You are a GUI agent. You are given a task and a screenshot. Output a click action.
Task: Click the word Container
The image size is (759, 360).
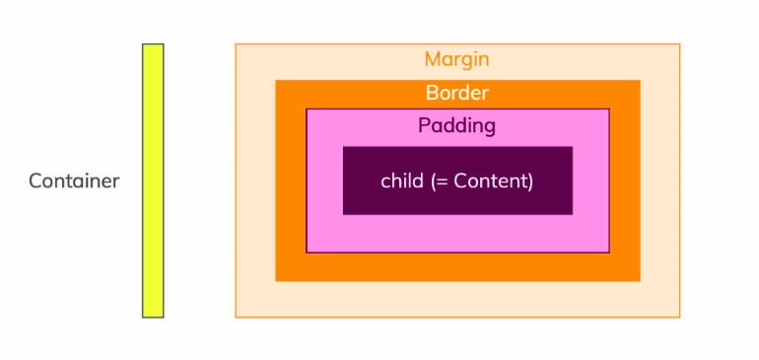(x=74, y=181)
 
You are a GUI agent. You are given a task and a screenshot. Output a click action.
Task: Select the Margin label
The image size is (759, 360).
(x=456, y=59)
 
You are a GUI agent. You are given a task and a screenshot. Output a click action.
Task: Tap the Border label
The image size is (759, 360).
(x=456, y=94)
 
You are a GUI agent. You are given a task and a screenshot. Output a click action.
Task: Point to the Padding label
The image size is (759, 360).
(x=456, y=126)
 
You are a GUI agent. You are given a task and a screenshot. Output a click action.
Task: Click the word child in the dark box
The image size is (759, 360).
(x=401, y=180)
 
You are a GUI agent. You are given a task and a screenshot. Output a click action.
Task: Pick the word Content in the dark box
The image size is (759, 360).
(x=492, y=180)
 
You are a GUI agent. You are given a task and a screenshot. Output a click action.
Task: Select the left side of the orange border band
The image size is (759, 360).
(x=290, y=180)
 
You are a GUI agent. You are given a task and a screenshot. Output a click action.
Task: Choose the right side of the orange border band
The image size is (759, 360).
(x=625, y=180)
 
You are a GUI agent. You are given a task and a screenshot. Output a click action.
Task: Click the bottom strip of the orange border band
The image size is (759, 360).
(x=457, y=267)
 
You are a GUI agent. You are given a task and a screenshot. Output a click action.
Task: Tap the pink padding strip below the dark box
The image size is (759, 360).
(x=457, y=233)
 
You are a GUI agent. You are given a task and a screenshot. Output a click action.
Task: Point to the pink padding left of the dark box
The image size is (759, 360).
(x=324, y=180)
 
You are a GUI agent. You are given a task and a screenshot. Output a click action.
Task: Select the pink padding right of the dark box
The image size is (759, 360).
(x=590, y=180)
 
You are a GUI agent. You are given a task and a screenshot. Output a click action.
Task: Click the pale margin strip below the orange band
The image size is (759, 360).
(x=457, y=299)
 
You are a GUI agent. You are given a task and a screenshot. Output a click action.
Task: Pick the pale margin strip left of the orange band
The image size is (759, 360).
(x=255, y=180)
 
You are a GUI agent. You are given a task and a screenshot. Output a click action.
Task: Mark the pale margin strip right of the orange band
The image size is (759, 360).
(x=659, y=180)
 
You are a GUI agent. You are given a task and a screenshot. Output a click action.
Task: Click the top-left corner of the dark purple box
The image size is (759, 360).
(x=344, y=148)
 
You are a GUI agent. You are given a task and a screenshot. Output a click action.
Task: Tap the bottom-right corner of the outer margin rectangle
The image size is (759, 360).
(x=679, y=317)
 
